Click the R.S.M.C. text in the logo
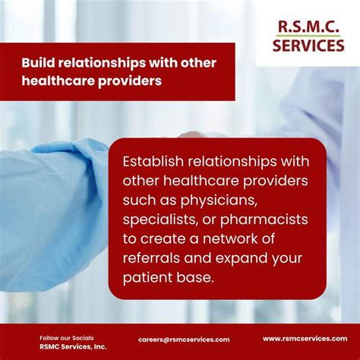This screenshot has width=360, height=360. pyautogui.click(x=308, y=27)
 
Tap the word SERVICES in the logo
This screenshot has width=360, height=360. pyautogui.click(x=308, y=46)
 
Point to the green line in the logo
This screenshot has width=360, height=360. pyautogui.click(x=308, y=36)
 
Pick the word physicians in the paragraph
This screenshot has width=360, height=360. pyautogui.click(x=217, y=201)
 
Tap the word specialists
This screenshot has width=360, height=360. pyautogui.click(x=160, y=219)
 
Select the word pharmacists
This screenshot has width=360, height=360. pyautogui.click(x=264, y=219)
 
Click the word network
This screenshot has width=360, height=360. pyautogui.click(x=230, y=238)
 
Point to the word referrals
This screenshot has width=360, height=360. pyautogui.click(x=151, y=258)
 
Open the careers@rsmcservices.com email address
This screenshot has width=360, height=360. pyautogui.click(x=184, y=339)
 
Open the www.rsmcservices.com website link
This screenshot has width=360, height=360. pyautogui.click(x=305, y=339)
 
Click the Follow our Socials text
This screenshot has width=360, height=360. pyautogui.click(x=67, y=338)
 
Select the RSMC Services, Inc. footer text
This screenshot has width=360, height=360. pyautogui.click(x=73, y=346)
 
